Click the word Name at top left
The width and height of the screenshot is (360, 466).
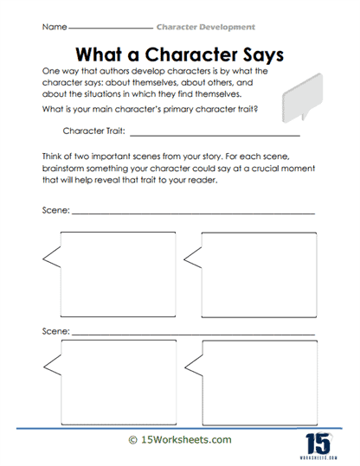(54, 28)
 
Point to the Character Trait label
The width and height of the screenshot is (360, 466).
(95, 132)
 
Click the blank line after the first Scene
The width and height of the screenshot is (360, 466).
(192, 213)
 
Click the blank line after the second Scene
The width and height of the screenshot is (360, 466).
(192, 332)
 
